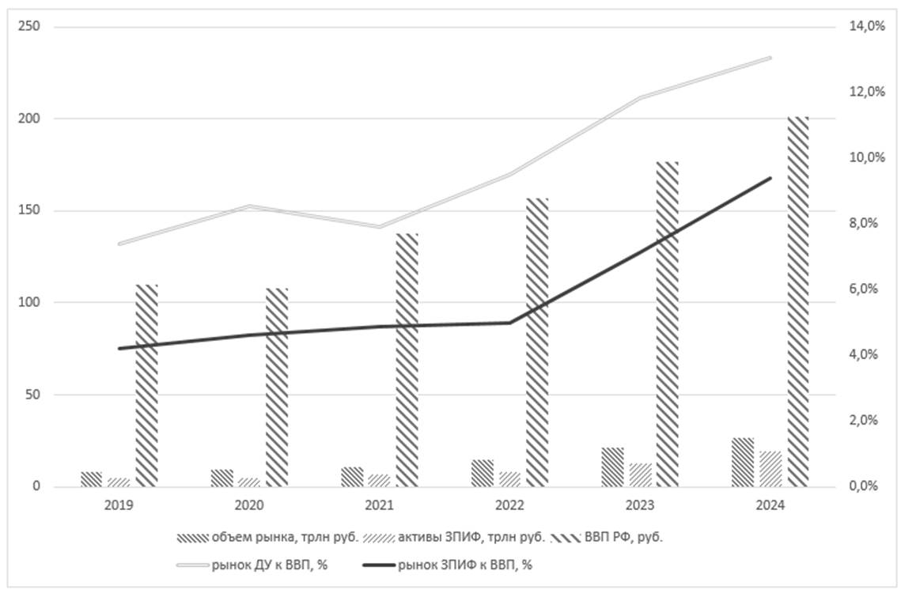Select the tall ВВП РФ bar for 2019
point(146,385)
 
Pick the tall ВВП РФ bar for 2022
point(537,342)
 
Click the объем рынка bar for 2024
point(743,462)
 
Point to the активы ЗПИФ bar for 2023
point(641,474)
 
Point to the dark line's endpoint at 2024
point(770,178)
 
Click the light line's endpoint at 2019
point(119,244)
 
